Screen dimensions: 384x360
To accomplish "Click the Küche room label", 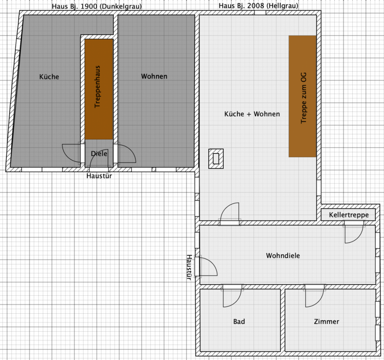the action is click(x=49, y=77).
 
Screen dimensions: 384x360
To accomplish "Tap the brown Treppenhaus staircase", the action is click(x=99, y=89).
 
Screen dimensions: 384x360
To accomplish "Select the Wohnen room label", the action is click(x=154, y=76).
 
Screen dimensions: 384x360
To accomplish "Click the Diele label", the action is click(x=99, y=154).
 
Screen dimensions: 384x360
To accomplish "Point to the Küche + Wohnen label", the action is click(x=252, y=114).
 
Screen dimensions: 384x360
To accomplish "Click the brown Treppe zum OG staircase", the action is click(x=303, y=96).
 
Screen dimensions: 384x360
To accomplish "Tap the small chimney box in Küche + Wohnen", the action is click(x=216, y=159).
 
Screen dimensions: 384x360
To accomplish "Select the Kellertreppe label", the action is click(x=349, y=215).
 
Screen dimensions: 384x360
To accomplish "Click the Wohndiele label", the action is click(x=283, y=255).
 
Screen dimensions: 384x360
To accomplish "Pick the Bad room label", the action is click(x=239, y=321).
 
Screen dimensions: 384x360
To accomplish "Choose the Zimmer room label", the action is click(x=326, y=321).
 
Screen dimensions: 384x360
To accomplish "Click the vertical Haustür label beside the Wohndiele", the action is click(x=189, y=267).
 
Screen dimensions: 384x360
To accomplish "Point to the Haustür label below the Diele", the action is click(x=99, y=176).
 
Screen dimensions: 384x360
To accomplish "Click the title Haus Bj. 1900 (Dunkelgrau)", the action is click(x=97, y=6).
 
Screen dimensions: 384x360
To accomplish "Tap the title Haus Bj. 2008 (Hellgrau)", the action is click(x=258, y=5).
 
